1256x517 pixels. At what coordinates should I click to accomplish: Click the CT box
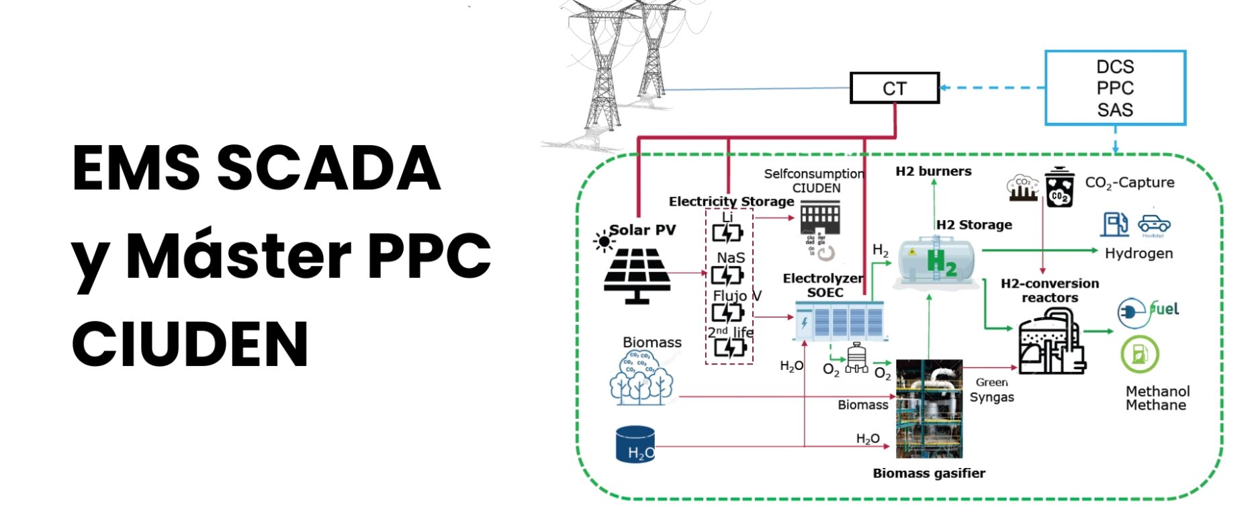tap(894, 88)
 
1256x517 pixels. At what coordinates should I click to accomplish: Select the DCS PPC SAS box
tap(1115, 88)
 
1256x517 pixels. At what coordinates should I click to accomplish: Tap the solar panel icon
tap(636, 275)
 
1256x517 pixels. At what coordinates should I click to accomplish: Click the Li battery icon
tap(727, 233)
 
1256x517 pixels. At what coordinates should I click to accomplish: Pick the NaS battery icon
tap(727, 275)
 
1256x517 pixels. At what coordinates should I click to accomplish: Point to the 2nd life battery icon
tap(729, 347)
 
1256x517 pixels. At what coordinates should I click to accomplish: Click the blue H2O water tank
tap(635, 444)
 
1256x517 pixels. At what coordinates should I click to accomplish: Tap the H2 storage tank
tap(938, 262)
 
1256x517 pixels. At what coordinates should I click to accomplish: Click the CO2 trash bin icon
tap(1059, 188)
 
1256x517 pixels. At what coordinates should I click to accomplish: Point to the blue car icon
tap(1154, 224)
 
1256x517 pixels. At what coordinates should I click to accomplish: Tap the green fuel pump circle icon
tap(1139, 354)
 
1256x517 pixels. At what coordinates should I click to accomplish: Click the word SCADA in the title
tap(328, 168)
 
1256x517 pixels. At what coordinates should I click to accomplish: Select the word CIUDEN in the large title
tap(190, 344)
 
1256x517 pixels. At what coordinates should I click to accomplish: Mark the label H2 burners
tap(933, 172)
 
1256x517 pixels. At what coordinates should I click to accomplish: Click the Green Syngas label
tap(991, 390)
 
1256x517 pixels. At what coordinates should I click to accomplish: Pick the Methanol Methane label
tap(1157, 398)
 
